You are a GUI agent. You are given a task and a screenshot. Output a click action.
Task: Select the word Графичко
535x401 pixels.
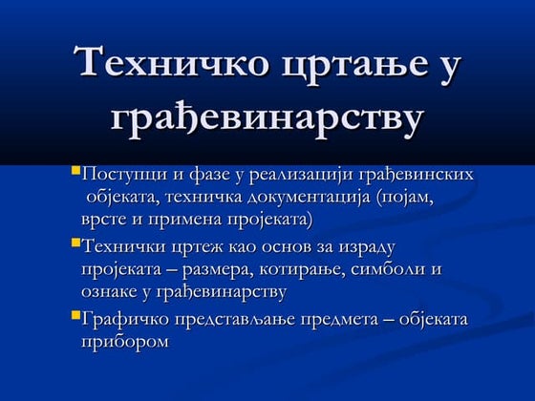tap(127, 318)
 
